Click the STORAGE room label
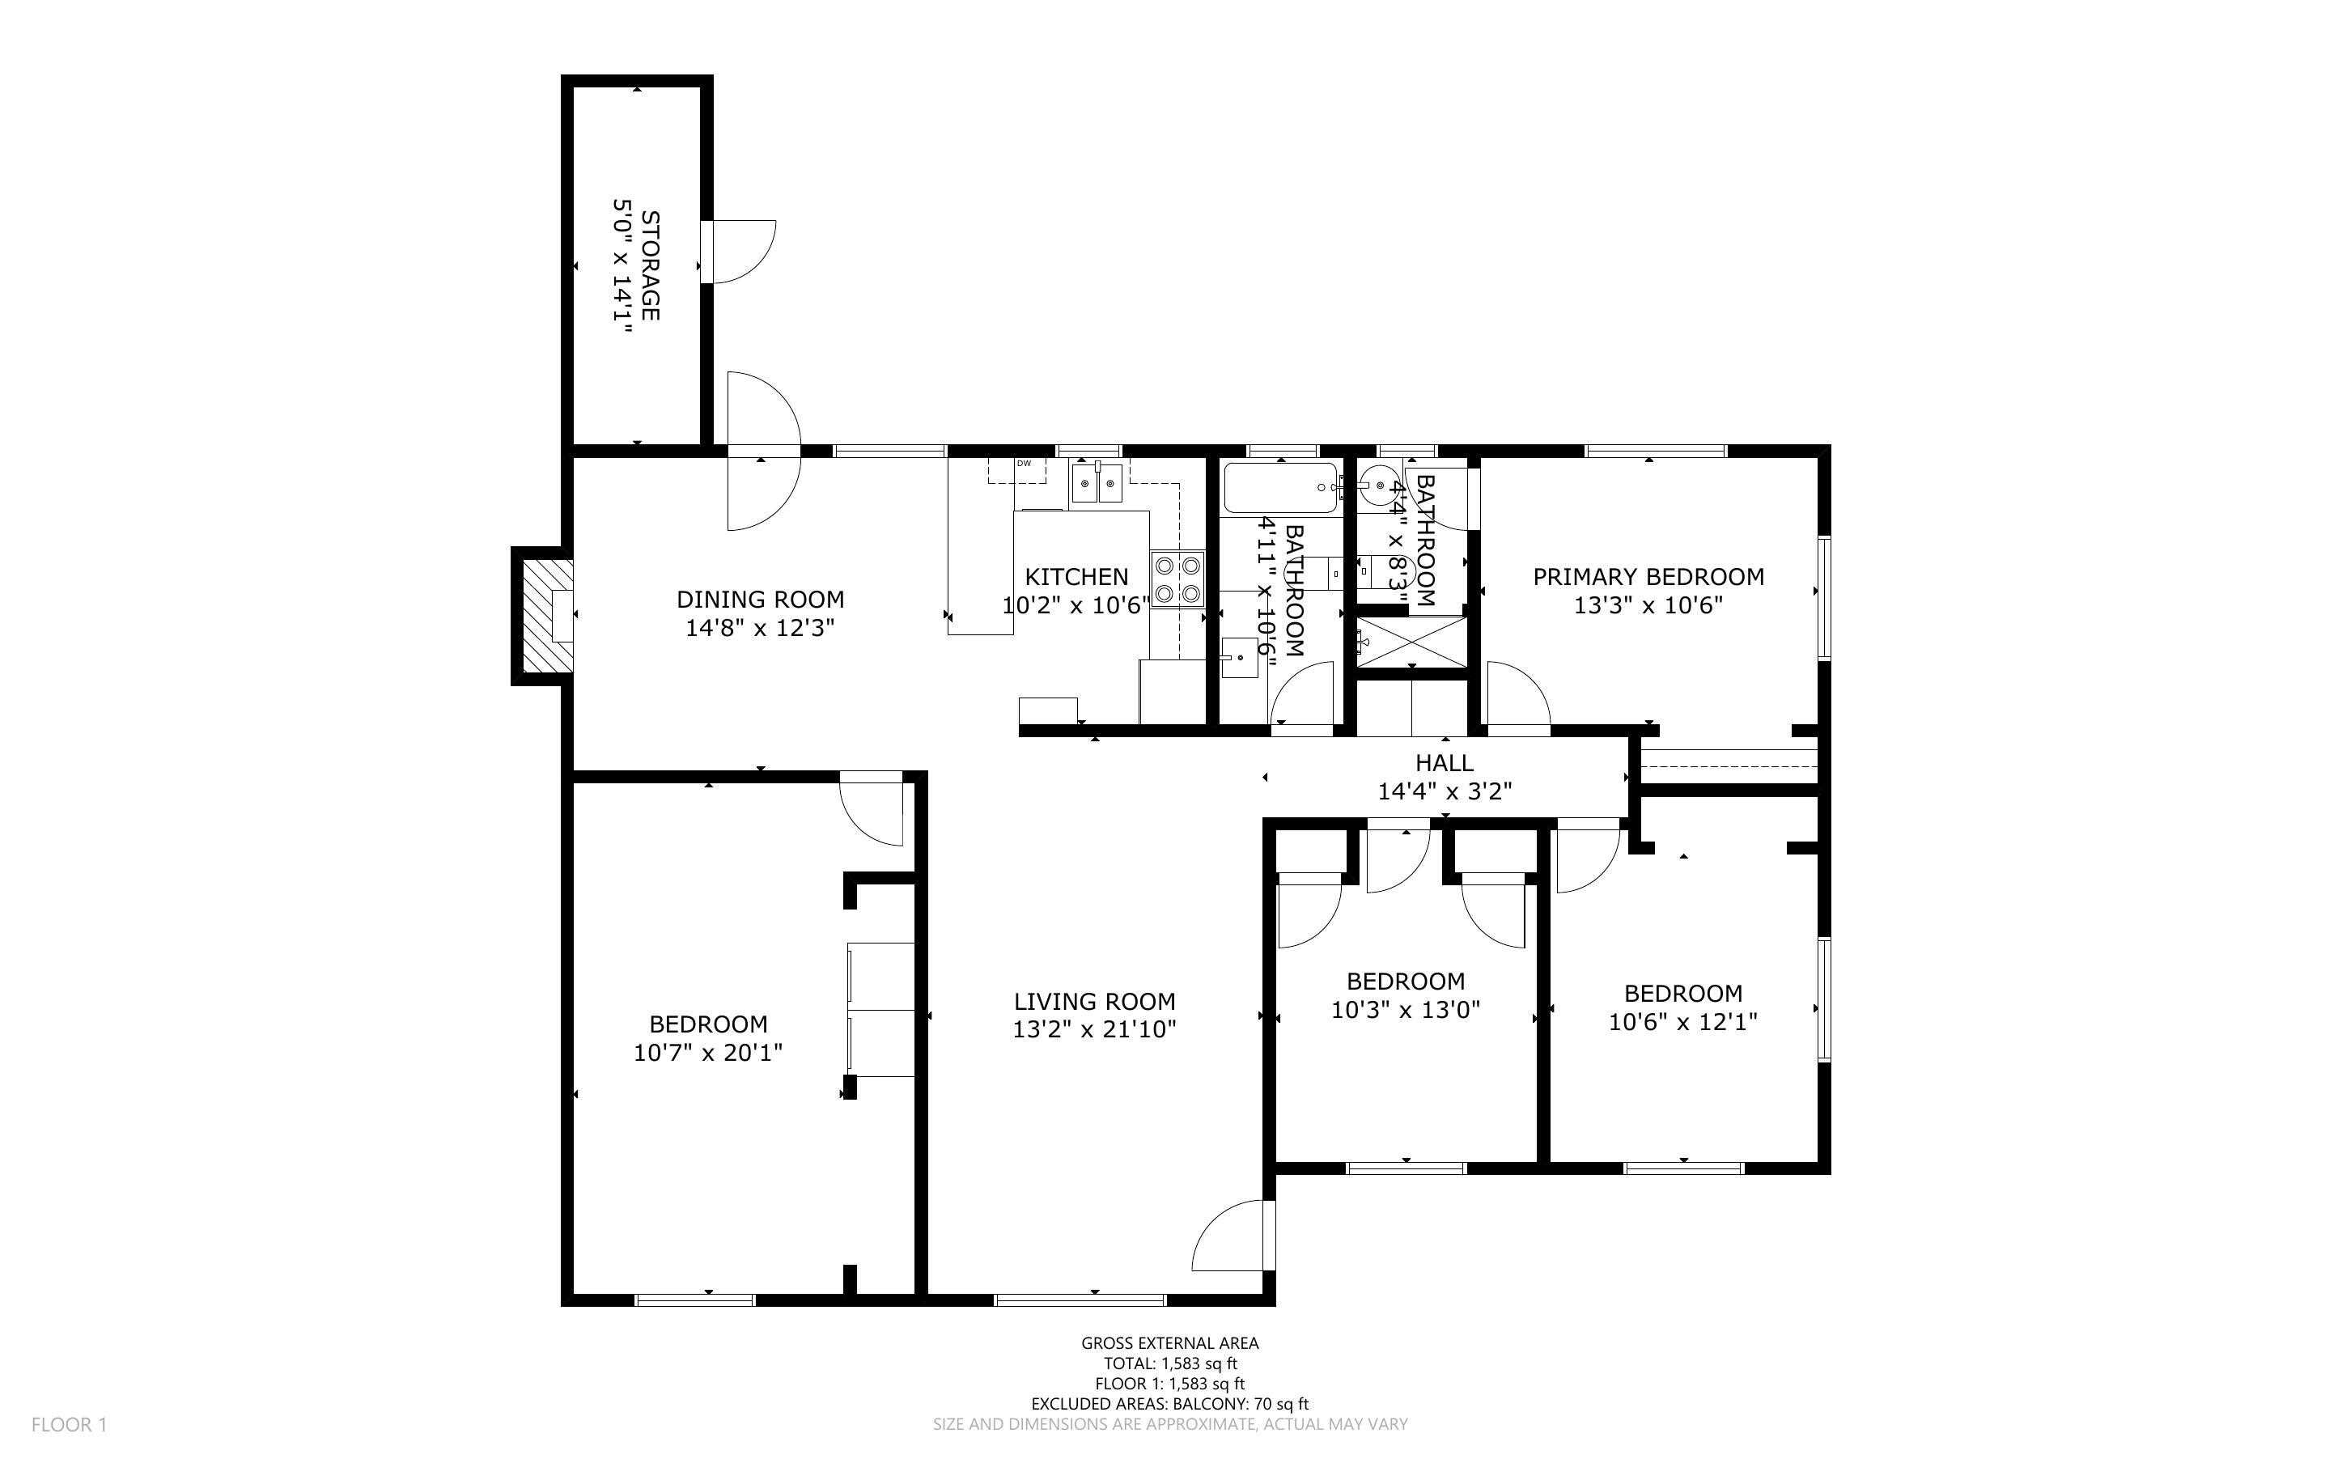[x=651, y=265]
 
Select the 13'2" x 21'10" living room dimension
[x=1094, y=1029]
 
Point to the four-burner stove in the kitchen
[x=1177, y=578]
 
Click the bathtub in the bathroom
[x=1279, y=488]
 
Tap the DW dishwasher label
[x=1024, y=464]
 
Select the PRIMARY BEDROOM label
[x=1648, y=577]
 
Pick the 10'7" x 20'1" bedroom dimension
[x=707, y=1053]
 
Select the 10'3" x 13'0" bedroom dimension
[x=1405, y=1010]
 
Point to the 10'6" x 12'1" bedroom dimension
[x=1682, y=1022]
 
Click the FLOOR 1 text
[x=69, y=1424]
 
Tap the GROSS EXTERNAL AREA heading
[x=1169, y=1343]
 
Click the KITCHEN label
[x=1076, y=577]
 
